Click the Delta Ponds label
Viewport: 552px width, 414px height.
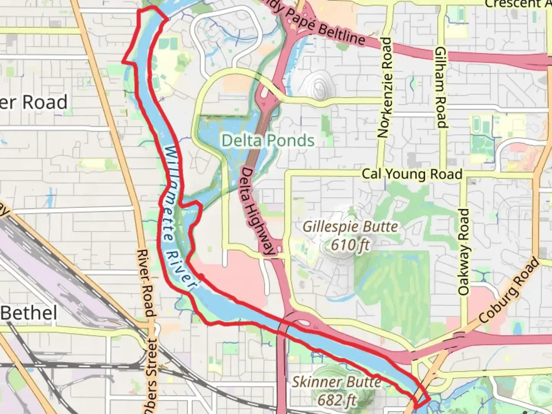click(x=268, y=141)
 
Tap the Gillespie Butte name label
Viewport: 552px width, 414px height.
click(x=350, y=227)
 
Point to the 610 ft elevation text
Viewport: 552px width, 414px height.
click(x=350, y=244)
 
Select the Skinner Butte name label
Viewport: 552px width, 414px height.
click(x=337, y=382)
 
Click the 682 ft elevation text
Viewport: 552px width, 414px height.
click(x=337, y=400)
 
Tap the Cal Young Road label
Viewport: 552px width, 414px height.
click(x=412, y=174)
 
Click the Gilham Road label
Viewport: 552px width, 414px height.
click(x=441, y=87)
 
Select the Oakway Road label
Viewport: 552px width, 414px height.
click(x=463, y=252)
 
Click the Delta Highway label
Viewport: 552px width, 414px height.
click(x=258, y=211)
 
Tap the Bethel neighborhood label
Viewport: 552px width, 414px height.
click(x=29, y=313)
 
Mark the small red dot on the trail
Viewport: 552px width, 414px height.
click(x=201, y=276)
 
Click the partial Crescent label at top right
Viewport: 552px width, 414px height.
click(x=517, y=4)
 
